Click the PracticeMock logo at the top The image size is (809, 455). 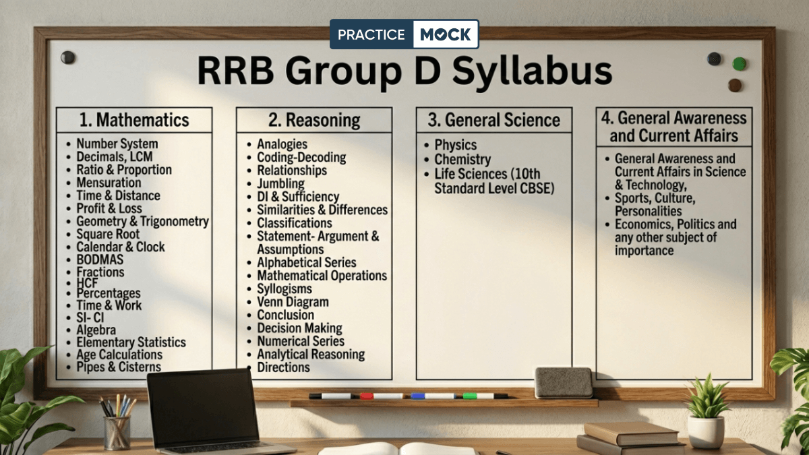pos(404,34)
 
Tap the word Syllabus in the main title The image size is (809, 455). pos(519,71)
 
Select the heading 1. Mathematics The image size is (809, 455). pos(134,120)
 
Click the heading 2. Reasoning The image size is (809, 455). pos(314,120)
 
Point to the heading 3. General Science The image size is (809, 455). pos(494,120)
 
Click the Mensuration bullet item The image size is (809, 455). pos(109,183)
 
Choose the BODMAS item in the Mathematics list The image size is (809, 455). pos(100,260)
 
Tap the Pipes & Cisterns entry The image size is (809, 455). pos(119,367)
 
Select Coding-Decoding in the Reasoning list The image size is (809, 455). pos(301,157)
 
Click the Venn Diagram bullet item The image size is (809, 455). pos(293,302)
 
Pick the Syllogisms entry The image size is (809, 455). pos(284,289)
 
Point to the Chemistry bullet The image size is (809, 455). pos(462,160)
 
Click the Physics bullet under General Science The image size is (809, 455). pos(456,145)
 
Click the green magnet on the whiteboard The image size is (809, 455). pos(740,63)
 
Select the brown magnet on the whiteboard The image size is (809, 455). pos(735,85)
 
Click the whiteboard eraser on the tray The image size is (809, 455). pos(564,382)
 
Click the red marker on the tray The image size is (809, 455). pos(367,396)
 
